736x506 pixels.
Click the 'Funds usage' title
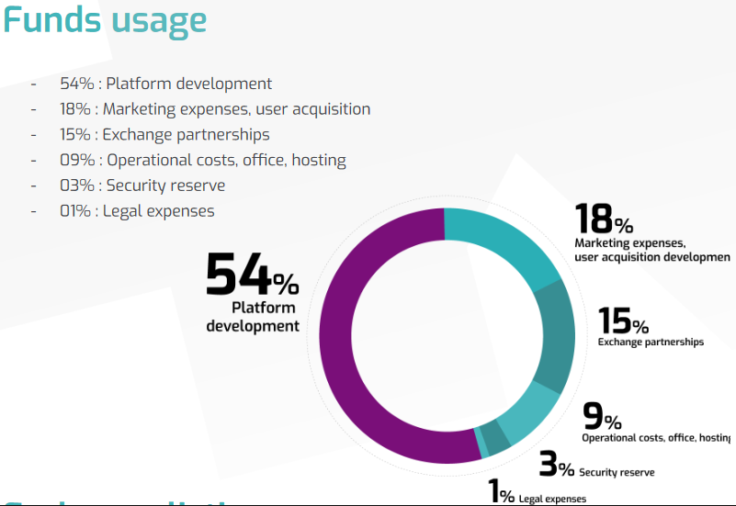[x=105, y=20]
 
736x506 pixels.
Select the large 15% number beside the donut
[x=623, y=321]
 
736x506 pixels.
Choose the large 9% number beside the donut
[x=602, y=418]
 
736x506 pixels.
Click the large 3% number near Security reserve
[x=556, y=465]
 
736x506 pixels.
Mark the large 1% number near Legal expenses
[x=502, y=493]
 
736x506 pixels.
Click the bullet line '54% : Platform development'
[x=166, y=84]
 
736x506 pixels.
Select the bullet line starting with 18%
[x=215, y=109]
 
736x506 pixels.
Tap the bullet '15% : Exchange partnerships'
[x=164, y=135]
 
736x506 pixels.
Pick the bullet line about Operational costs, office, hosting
[x=203, y=160]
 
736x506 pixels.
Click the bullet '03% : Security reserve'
[x=142, y=186]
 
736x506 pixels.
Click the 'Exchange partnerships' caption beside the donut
[x=651, y=342]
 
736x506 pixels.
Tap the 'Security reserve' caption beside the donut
[x=617, y=472]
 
